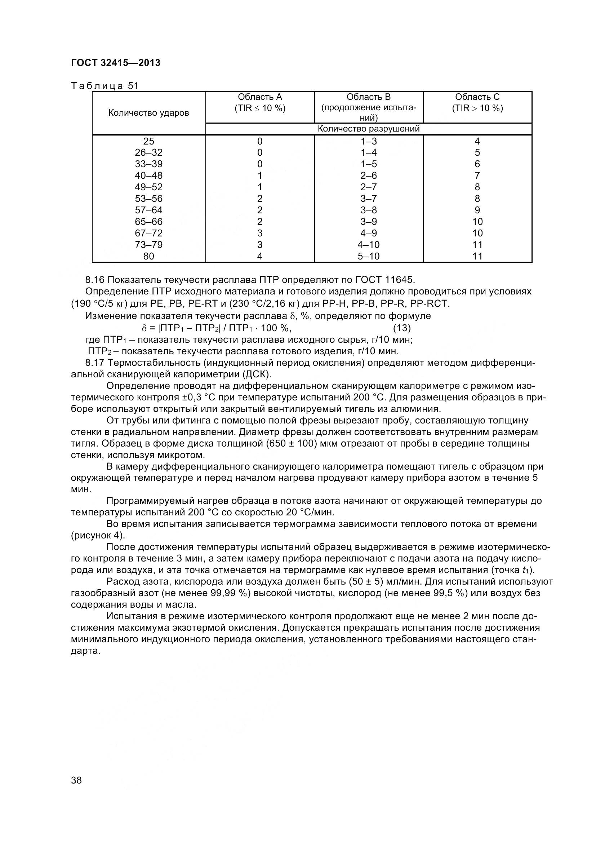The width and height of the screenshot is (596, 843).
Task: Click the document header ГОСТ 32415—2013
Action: pyautogui.click(x=116, y=63)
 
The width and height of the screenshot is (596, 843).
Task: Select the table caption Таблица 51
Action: pyautogui.click(x=104, y=86)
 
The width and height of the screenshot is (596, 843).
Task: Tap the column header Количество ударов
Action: pyautogui.click(x=148, y=113)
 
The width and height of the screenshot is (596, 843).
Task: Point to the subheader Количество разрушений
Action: pyautogui.click(x=369, y=129)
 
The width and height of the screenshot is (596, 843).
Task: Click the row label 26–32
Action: pyautogui.click(x=148, y=152)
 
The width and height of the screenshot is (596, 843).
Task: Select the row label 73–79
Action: pyautogui.click(x=148, y=244)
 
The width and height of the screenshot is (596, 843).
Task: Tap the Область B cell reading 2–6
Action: pyautogui.click(x=369, y=176)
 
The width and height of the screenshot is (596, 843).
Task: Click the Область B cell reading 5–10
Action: pyautogui.click(x=369, y=256)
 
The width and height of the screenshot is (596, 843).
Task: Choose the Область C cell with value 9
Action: pyautogui.click(x=477, y=210)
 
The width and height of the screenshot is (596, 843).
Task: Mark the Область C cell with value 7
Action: pyautogui.click(x=477, y=176)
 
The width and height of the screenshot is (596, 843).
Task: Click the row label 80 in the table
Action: pyautogui.click(x=148, y=256)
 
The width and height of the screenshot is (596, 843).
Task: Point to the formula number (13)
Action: pyautogui.click(x=402, y=328)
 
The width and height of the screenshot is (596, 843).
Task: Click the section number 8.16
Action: pyautogui.click(x=95, y=280)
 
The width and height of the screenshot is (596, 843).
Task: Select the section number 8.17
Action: pyautogui.click(x=95, y=363)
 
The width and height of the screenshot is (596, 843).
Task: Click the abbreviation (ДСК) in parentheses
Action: pyautogui.click(x=257, y=374)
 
